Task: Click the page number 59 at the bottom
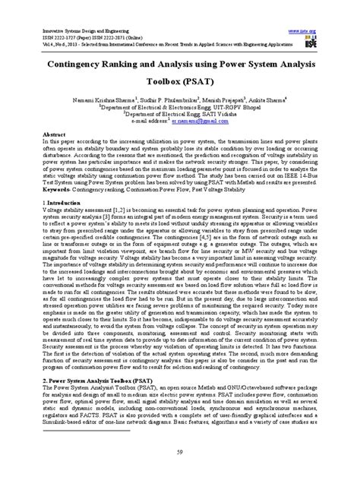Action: pos(180,453)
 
